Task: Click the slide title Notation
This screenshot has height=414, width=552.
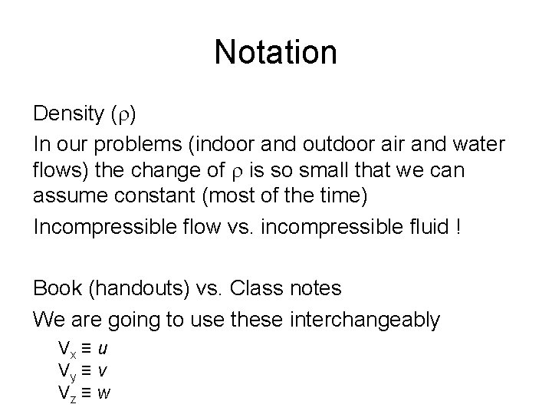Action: (275, 53)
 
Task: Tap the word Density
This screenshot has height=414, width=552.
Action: (68, 115)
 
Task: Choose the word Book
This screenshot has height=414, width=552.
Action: (56, 289)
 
